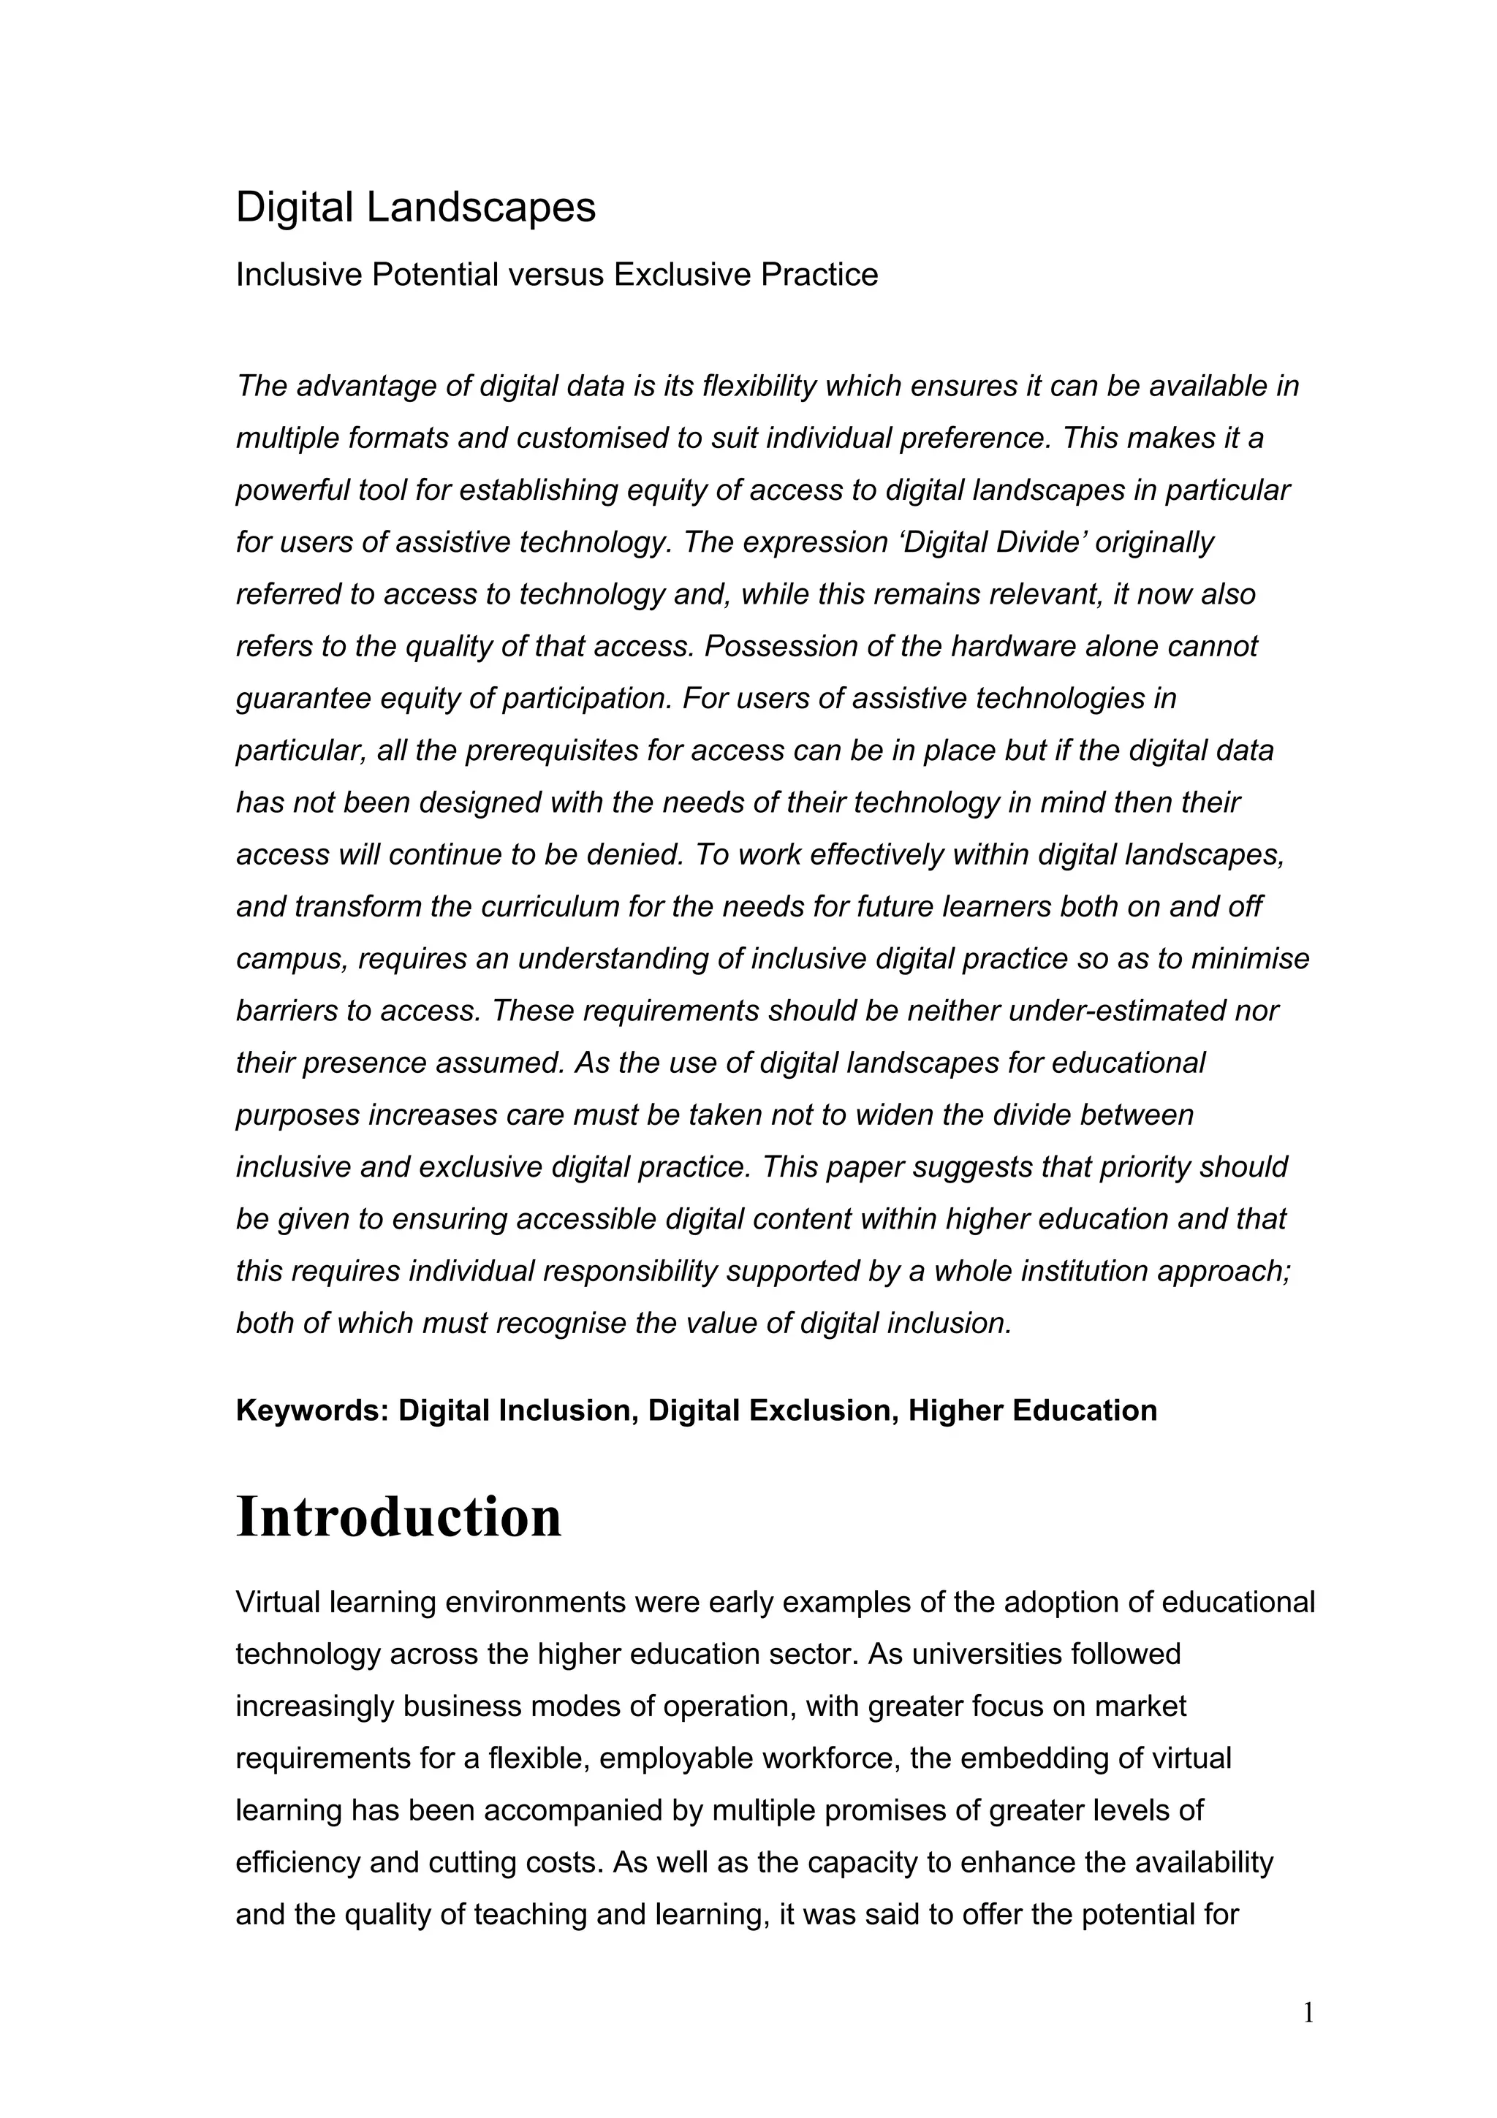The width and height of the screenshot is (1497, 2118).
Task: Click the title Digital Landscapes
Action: (415, 208)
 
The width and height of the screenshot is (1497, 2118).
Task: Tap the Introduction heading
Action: (398, 1517)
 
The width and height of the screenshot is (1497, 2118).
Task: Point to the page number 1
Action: (1308, 2013)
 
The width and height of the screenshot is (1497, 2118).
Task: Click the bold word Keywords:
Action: (312, 1411)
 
